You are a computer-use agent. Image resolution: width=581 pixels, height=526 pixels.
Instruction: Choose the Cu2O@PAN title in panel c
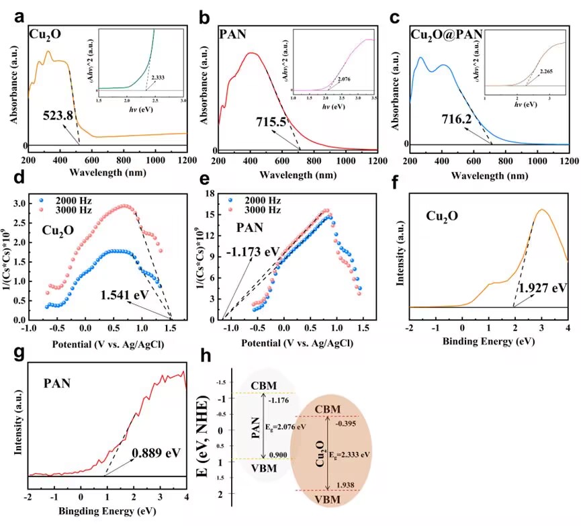pos(451,32)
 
